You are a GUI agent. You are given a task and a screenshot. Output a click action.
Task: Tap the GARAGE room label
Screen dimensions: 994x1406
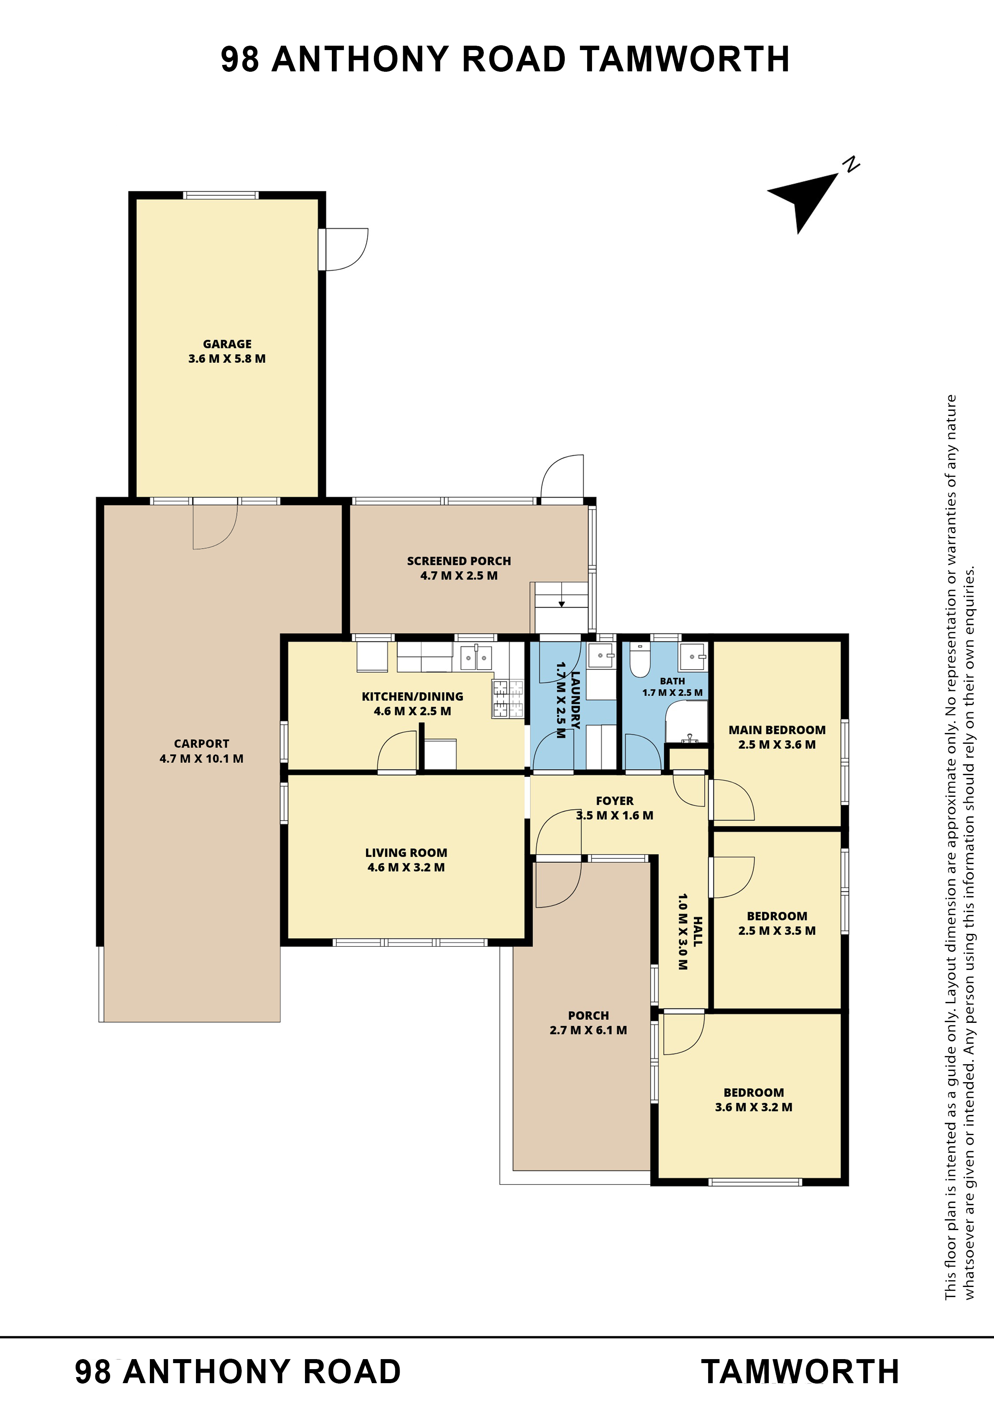227,344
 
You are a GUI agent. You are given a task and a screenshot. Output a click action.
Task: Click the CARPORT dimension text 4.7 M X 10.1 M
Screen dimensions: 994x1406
202,759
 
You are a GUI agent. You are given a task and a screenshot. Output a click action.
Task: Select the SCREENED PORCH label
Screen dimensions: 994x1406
459,561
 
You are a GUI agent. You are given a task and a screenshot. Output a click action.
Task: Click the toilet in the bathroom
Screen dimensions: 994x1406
640,660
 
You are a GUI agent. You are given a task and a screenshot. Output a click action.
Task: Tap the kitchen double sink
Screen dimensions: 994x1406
476,658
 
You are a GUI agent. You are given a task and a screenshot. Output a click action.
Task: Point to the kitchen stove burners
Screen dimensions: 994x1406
508,699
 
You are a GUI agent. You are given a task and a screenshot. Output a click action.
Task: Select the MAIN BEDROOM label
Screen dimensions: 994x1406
777,730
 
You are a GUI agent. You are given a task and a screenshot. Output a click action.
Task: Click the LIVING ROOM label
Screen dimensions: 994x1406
406,852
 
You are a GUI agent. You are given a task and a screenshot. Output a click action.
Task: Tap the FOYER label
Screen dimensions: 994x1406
615,801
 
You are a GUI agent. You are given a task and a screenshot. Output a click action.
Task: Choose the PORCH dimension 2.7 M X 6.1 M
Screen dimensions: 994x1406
588,1030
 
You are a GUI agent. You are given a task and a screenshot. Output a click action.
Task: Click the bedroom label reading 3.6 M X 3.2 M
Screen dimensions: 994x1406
753,1107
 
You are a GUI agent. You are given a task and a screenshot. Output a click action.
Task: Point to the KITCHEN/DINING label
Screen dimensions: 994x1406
412,696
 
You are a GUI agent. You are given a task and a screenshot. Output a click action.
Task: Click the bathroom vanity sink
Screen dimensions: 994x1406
693,657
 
